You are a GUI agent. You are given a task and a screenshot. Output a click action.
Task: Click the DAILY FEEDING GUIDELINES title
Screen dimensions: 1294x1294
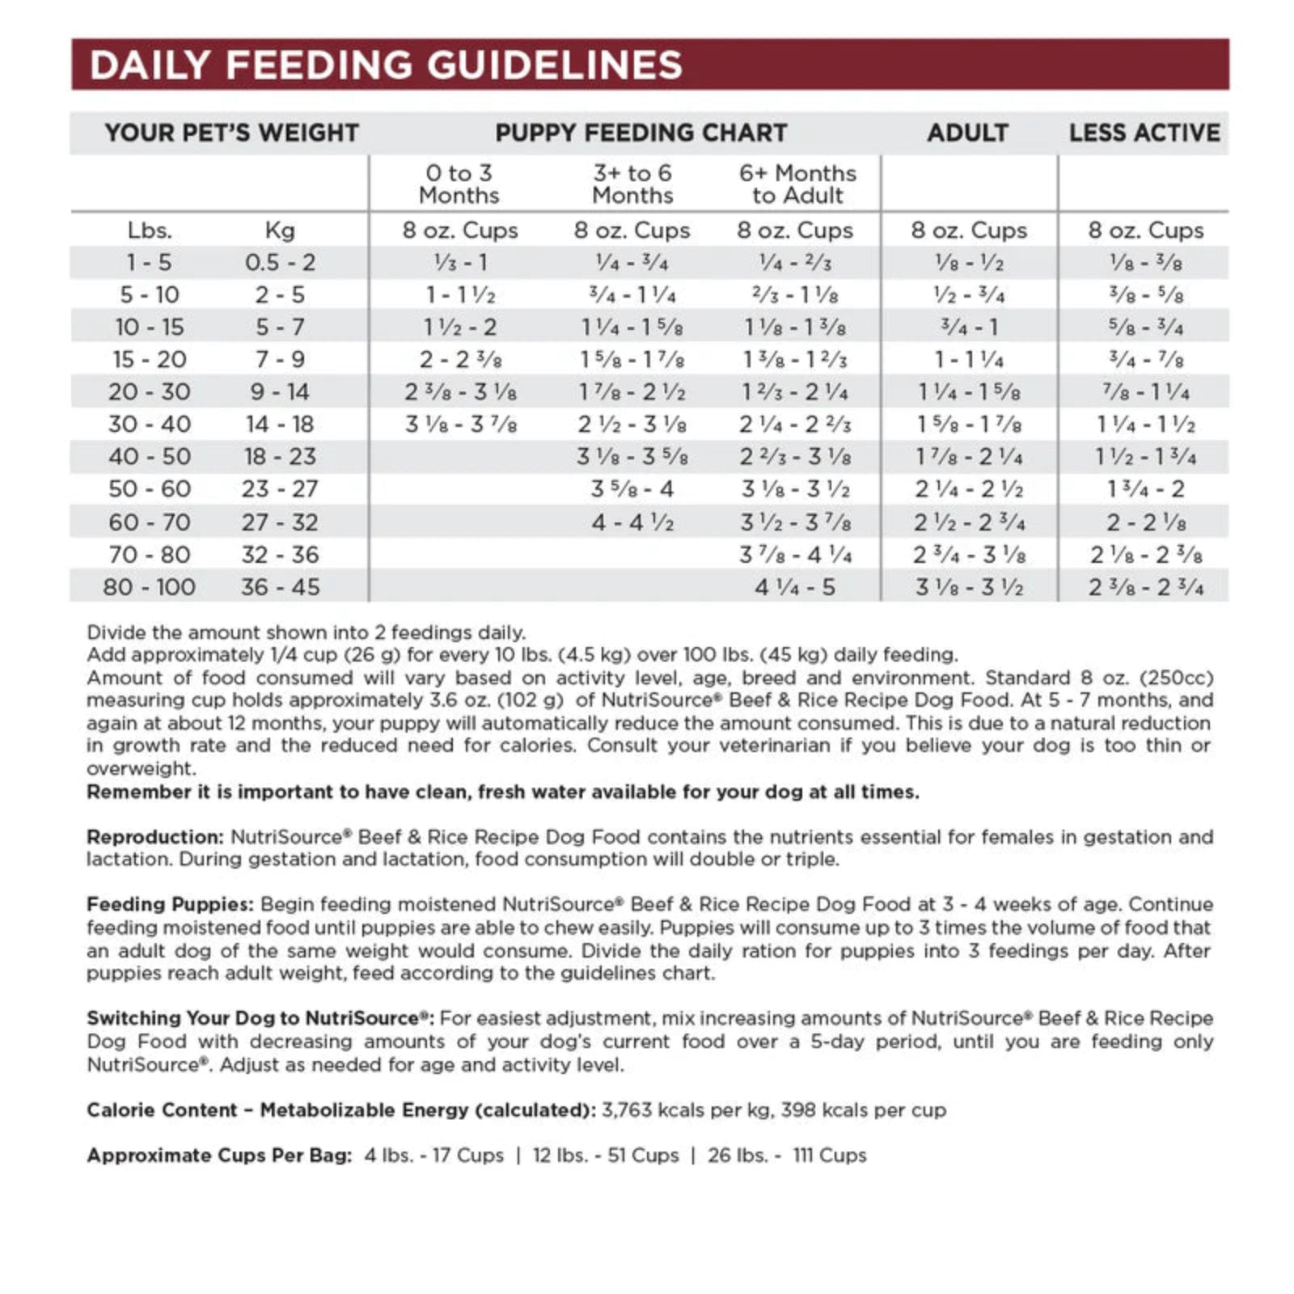tap(386, 65)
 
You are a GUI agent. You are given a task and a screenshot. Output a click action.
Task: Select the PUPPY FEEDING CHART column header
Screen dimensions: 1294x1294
tap(641, 133)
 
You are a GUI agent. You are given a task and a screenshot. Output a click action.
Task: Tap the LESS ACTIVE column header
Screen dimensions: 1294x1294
tap(1144, 133)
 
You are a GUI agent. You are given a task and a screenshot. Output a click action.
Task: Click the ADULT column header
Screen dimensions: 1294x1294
tap(967, 133)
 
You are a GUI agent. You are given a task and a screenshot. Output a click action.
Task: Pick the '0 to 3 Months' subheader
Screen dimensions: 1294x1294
tap(459, 184)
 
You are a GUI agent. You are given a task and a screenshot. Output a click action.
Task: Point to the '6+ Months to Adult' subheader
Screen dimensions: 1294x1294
tap(797, 184)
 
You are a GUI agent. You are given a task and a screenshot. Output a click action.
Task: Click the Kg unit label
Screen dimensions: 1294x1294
tap(280, 230)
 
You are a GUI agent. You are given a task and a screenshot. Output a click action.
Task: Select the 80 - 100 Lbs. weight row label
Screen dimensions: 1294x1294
tap(150, 587)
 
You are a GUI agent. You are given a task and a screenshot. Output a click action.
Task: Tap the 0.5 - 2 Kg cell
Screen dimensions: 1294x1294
tap(280, 263)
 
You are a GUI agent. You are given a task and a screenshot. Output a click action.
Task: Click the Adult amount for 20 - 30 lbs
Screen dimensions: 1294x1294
tap(969, 392)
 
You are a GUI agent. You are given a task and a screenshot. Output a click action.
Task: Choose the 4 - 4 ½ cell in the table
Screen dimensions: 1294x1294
tap(632, 522)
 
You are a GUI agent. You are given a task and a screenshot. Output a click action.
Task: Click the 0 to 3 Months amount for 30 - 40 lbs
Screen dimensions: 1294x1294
tap(460, 425)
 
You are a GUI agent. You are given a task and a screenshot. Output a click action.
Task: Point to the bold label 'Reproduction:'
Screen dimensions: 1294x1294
tap(154, 837)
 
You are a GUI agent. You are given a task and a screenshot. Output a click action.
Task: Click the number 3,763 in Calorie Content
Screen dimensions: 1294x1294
tap(626, 1110)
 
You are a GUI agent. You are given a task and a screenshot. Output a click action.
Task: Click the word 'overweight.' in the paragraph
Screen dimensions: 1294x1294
tap(141, 768)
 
